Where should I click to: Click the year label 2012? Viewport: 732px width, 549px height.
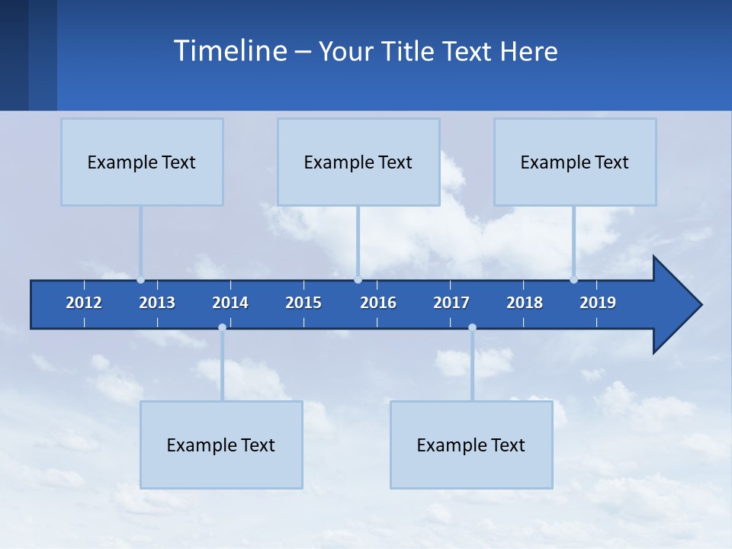click(84, 303)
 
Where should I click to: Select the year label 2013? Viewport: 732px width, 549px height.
click(157, 303)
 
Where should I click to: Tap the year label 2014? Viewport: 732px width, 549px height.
click(230, 303)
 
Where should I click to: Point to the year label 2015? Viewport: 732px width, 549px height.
click(303, 303)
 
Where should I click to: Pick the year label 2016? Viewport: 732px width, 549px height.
click(378, 303)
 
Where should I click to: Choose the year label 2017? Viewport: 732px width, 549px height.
click(451, 303)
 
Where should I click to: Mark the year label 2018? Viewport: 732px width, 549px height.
click(525, 303)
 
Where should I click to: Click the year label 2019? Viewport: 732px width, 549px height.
click(598, 303)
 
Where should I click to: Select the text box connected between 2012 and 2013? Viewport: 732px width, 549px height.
click(142, 162)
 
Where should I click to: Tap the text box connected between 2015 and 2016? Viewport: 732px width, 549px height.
click(358, 162)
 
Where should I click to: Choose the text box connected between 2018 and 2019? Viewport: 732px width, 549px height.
click(575, 162)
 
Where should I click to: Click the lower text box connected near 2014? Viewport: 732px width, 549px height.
click(221, 445)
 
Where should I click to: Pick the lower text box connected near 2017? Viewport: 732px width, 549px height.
click(471, 445)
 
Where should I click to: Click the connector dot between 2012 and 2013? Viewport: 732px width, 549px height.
click(141, 280)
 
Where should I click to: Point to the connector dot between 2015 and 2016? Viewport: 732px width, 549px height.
click(358, 280)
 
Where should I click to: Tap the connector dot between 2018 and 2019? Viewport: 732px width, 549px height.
click(574, 280)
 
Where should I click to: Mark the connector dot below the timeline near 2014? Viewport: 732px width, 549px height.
click(222, 328)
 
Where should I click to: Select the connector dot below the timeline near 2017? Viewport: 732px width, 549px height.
click(472, 328)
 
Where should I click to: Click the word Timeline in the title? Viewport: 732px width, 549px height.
click(230, 51)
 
